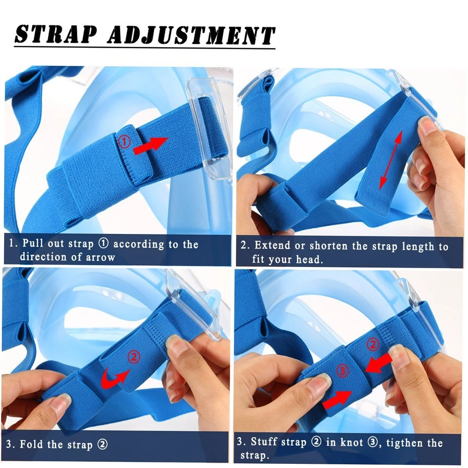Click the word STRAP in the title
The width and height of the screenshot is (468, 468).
[x=56, y=34]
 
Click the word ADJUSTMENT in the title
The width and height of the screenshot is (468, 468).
[x=191, y=35]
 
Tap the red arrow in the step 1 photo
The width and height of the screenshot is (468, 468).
[x=150, y=146]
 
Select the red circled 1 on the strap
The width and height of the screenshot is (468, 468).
[x=125, y=141]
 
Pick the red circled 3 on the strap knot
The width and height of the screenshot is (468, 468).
[x=343, y=371]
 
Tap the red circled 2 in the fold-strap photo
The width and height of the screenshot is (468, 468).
[x=134, y=356]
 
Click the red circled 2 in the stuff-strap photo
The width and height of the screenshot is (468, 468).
[x=373, y=344]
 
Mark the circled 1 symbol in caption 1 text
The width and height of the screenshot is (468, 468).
[x=103, y=243]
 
